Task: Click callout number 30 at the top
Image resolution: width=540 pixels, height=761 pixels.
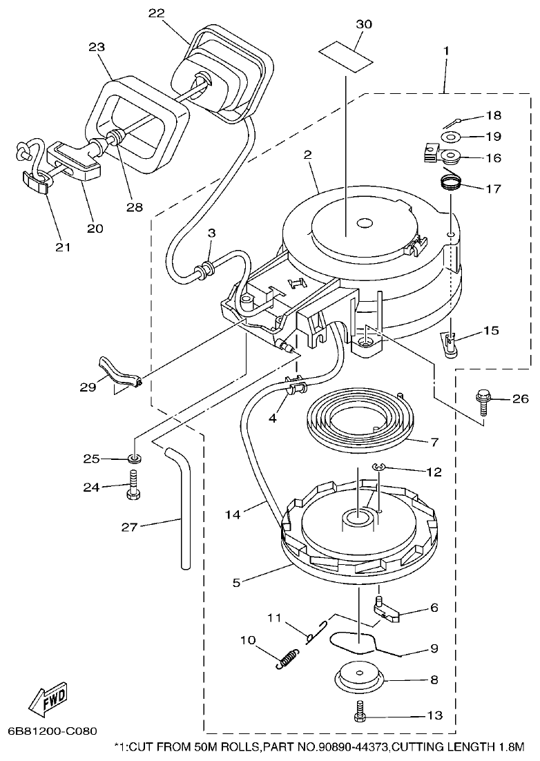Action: click(363, 24)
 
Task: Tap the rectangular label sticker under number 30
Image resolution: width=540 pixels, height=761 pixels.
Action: click(343, 52)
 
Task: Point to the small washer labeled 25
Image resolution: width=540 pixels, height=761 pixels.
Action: click(134, 459)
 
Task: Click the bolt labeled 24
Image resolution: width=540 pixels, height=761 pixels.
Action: click(133, 486)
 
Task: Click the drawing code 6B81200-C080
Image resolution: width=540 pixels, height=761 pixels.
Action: click(52, 731)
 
